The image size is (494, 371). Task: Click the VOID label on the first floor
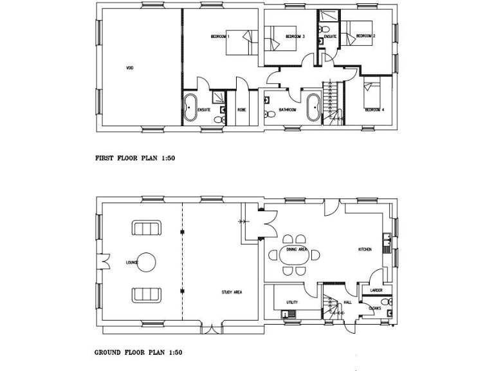point(129,68)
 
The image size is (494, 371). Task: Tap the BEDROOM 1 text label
point(220,37)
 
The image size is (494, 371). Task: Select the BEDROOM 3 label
point(295,37)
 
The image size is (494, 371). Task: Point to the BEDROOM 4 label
point(374,109)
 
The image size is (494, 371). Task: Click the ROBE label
point(242,109)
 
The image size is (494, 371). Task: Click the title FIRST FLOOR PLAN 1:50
point(135,157)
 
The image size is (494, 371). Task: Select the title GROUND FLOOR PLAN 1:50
point(139,352)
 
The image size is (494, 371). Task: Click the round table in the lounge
point(147,262)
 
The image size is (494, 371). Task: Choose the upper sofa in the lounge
point(147,229)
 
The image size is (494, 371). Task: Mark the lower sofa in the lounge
point(147,295)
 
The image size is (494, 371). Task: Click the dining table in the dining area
point(299,256)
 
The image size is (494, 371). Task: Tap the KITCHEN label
point(365,249)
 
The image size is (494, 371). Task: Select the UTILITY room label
point(291,301)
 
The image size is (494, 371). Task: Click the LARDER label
point(377,290)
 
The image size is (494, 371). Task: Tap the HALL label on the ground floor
point(348,301)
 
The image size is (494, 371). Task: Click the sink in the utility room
point(288,314)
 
